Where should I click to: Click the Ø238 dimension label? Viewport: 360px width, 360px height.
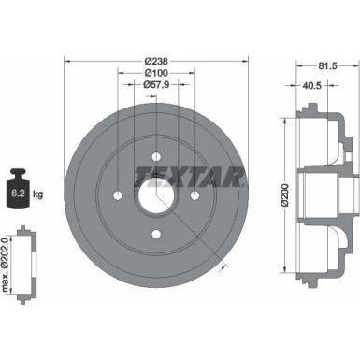(x=154, y=62)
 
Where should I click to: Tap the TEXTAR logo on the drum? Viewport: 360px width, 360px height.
(x=190, y=174)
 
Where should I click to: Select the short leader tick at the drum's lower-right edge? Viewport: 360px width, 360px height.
(x=224, y=266)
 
